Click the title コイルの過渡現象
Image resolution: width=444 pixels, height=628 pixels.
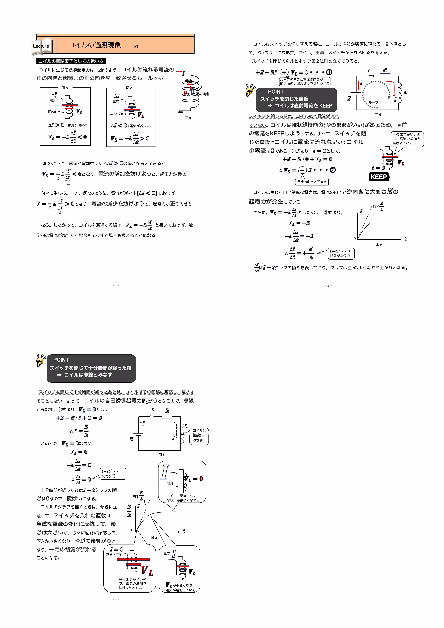[94, 45]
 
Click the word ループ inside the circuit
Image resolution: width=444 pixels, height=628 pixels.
[374, 102]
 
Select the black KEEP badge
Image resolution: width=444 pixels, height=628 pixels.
[379, 177]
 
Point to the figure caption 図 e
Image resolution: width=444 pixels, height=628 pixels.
[379, 244]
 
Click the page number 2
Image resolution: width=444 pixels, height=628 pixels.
[328, 286]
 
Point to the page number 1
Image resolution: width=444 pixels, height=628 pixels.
[116, 286]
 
